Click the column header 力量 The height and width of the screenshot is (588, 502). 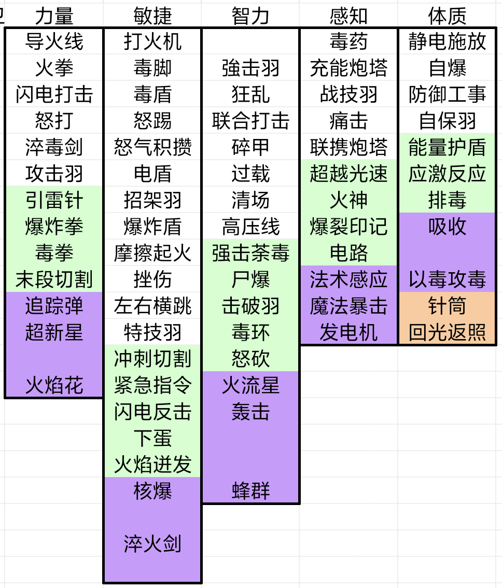(54, 16)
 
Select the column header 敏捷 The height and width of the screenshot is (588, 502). (152, 16)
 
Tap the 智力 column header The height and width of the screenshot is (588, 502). (250, 16)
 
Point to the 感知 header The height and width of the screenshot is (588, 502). (348, 16)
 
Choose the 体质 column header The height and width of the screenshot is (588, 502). (447, 16)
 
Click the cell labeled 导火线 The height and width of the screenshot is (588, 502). (54, 41)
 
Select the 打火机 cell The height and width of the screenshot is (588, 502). (152, 41)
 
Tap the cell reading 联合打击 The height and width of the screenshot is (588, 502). (250, 121)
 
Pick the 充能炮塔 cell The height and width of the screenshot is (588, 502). (348, 68)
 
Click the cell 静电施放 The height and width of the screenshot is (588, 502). (447, 41)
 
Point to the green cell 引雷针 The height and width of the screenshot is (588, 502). (54, 200)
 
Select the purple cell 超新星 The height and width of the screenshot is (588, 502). (54, 332)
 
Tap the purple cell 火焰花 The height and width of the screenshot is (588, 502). (54, 385)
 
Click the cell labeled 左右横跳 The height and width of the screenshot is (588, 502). (152, 306)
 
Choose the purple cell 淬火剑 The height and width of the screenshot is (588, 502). (152, 544)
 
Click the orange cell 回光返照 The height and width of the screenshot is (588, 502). (447, 332)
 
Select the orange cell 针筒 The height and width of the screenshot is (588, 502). (447, 306)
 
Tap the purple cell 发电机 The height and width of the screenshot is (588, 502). (348, 332)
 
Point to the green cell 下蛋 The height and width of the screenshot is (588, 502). (152, 438)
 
